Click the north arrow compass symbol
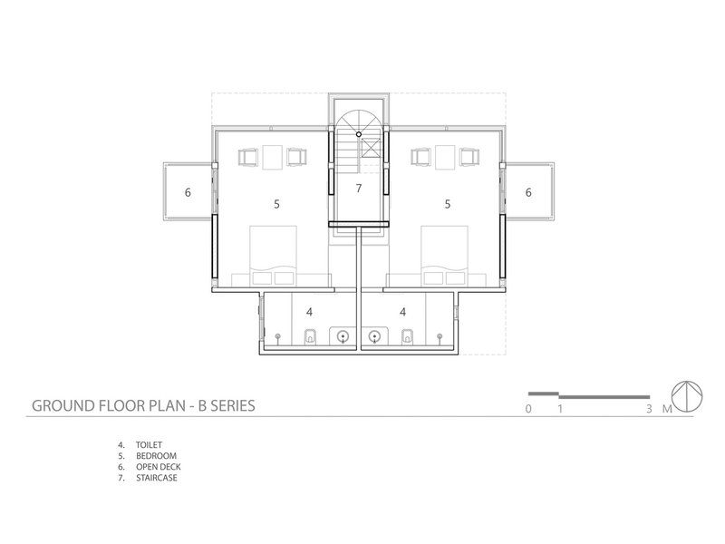pos(687,397)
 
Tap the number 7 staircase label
pos(359,189)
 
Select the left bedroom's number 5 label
pos(276,204)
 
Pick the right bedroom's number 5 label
pos(447,204)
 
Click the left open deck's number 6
pos(188,192)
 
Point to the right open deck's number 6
pos(528,192)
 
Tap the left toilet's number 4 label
pos(309,312)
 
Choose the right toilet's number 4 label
pos(402,312)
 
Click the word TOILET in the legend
pos(149,445)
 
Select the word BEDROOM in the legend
pos(156,456)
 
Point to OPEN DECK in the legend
pos(158,467)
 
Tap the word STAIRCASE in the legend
pos(157,479)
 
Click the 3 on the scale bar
pos(649,409)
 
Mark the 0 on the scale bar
pos(528,409)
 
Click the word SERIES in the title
pos(234,405)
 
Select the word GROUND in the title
pos(63,405)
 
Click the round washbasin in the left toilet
pos(343,336)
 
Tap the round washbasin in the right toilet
pos(374,336)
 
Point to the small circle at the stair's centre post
pos(359,134)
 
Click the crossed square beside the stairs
pos(371,148)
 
